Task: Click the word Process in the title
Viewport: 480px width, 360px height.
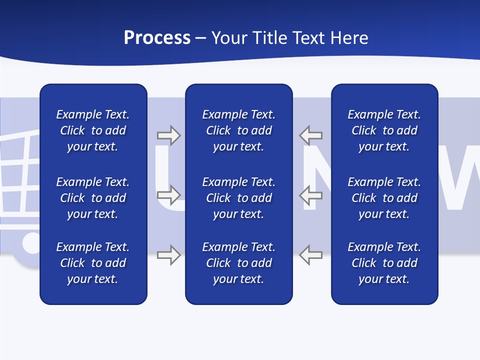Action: [x=157, y=38]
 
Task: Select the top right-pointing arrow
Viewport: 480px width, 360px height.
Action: [x=169, y=135]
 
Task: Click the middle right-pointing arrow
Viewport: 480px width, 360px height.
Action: [x=169, y=195]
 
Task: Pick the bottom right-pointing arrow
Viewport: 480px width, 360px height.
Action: [x=169, y=255]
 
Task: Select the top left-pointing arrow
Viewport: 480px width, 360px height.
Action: [x=311, y=135]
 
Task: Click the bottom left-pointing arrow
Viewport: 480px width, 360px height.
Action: [x=311, y=255]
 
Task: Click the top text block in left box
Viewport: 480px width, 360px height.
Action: [x=93, y=130]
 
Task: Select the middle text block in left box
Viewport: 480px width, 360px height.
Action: [x=93, y=198]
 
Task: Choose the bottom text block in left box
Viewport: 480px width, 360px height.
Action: [x=93, y=263]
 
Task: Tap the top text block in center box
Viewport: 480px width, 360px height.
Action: [x=239, y=130]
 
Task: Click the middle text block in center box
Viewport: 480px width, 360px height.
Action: [x=239, y=198]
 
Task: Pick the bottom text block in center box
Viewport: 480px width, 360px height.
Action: [x=239, y=263]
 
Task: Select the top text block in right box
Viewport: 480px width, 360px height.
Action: [x=384, y=130]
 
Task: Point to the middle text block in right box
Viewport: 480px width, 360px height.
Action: [x=384, y=198]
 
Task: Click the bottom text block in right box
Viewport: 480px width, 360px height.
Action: [x=384, y=263]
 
